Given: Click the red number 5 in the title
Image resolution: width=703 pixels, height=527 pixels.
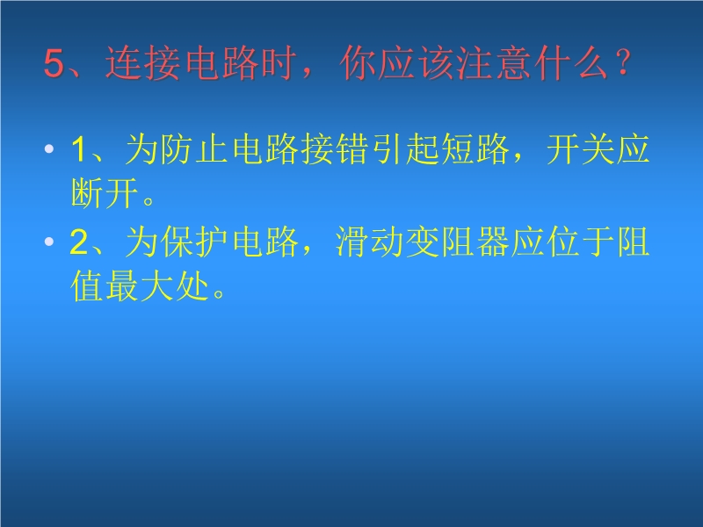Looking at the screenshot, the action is click(54, 63).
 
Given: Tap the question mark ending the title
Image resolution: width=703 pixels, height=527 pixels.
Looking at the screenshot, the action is click(623, 62).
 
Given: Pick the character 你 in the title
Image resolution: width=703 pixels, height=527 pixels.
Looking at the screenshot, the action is click(358, 63).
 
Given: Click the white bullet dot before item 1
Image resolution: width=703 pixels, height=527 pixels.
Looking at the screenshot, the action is click(49, 148).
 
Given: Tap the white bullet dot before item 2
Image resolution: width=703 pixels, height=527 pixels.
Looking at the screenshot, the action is click(49, 242).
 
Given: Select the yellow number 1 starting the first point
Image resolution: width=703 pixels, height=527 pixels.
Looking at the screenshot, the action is click(79, 149).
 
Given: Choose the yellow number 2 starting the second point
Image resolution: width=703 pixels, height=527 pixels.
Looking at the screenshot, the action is click(79, 242).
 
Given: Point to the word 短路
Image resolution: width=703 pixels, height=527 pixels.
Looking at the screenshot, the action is click(475, 149).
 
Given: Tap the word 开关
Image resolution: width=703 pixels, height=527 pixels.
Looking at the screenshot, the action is click(581, 149).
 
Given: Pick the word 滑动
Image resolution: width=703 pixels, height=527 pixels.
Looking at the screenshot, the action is click(370, 242).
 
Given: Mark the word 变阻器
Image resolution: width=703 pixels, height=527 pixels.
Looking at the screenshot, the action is click(457, 242).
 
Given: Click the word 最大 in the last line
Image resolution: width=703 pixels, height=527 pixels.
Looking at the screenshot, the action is click(140, 286).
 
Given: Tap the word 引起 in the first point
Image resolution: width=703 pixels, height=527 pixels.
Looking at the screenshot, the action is click(405, 149).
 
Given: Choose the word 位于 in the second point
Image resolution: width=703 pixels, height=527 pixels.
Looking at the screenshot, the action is click(581, 242).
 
